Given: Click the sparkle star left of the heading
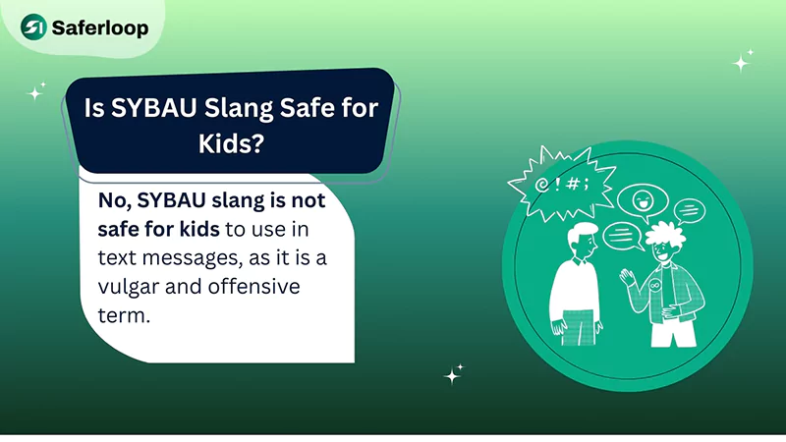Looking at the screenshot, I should coord(36,93).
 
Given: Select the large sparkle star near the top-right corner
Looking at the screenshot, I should coord(742,61).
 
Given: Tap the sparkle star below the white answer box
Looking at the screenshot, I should coord(453,375).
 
